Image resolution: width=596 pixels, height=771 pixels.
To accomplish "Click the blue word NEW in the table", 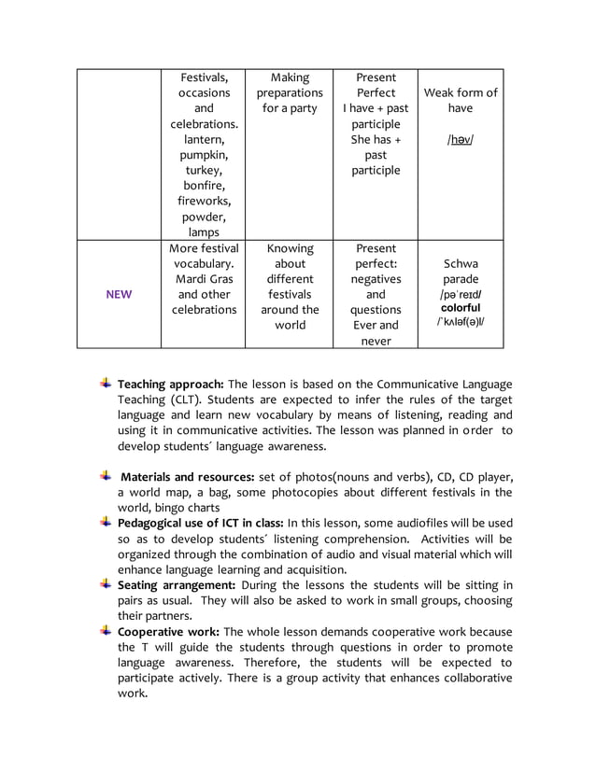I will (x=119, y=295).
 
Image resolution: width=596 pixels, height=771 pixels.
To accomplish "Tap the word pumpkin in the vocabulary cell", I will (x=203, y=155).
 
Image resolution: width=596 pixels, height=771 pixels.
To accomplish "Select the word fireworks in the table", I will (x=203, y=201).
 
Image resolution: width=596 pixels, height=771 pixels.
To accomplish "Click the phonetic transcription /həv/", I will (x=460, y=140).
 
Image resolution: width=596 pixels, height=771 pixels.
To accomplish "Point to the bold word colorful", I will (x=461, y=308).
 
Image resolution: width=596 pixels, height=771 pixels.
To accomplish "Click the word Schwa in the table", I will (x=461, y=263).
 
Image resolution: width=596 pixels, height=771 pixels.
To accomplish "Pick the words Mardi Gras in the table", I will (x=204, y=279).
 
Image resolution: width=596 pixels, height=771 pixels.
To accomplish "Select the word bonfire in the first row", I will (x=203, y=186).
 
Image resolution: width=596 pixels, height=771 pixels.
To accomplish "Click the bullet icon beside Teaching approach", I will (x=106, y=384).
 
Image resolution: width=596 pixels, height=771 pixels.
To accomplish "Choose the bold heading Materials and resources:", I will (x=187, y=477).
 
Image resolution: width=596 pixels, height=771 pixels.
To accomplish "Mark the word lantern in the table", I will (x=203, y=140).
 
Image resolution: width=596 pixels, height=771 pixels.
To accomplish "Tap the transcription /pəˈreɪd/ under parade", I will (x=461, y=294).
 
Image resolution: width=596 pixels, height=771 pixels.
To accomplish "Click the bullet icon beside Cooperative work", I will (x=106, y=631).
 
